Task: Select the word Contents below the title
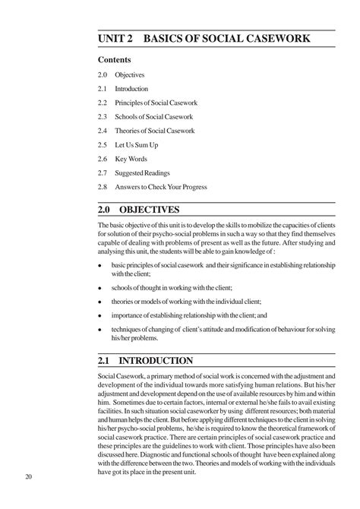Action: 115,59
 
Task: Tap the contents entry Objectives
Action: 130,75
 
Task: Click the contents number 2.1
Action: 103,89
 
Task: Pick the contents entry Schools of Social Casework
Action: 154,116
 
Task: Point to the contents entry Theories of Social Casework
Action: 155,131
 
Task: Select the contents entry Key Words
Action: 131,158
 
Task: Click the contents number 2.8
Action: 103,186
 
